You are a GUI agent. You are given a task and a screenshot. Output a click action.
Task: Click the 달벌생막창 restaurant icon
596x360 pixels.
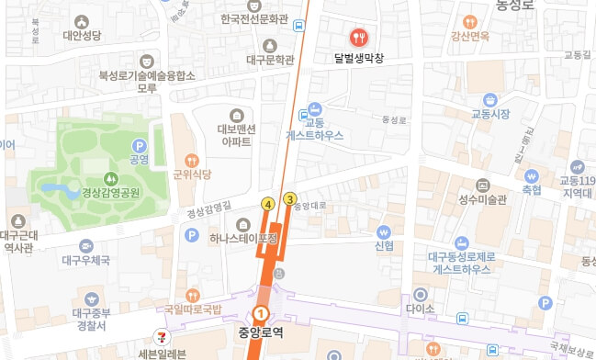pyautogui.click(x=358, y=37)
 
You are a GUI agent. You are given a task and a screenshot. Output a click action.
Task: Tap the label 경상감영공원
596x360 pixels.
pyautogui.click(x=110, y=193)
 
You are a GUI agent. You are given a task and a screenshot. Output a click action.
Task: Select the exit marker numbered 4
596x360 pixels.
pyautogui.click(x=268, y=204)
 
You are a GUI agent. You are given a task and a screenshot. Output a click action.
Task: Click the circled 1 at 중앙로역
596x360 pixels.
pyautogui.click(x=260, y=316)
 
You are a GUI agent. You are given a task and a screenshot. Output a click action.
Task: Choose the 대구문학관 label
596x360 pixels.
pyautogui.click(x=270, y=61)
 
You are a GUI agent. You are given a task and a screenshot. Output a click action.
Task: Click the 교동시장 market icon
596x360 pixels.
pyautogui.click(x=490, y=99)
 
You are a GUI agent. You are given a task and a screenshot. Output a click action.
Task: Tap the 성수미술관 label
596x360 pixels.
pyautogui.click(x=482, y=198)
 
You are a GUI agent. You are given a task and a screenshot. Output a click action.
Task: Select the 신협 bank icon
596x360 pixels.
pyautogui.click(x=384, y=231)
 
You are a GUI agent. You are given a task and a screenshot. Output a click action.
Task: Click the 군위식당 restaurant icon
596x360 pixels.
pyautogui.click(x=191, y=159)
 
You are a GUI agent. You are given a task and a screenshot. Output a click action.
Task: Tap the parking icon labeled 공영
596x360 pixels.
pyautogui.click(x=139, y=145)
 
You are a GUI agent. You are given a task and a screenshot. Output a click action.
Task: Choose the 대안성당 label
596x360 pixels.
pyautogui.click(x=81, y=38)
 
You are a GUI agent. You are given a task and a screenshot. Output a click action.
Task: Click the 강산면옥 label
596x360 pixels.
pyautogui.click(x=469, y=37)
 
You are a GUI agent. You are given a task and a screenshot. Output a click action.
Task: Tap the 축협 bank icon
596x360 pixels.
pyautogui.click(x=531, y=175)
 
